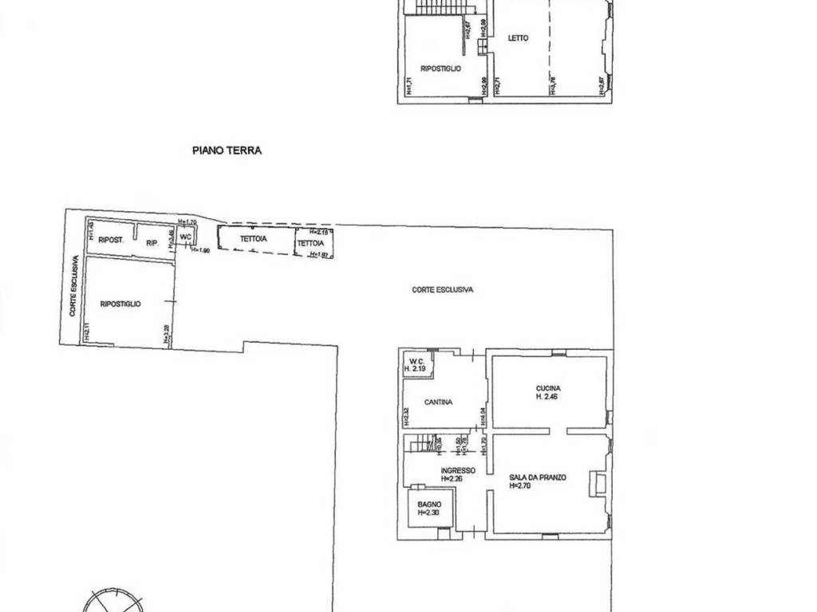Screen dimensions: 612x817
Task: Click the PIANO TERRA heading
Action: (227, 150)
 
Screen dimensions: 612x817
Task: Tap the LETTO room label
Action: (518, 38)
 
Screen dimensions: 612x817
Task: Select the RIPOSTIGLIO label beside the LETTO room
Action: (440, 69)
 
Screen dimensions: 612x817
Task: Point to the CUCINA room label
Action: (547, 389)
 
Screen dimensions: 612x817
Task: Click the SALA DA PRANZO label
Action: (538, 478)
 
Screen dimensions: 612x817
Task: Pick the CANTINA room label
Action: (438, 402)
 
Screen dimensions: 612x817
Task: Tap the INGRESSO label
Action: (458, 470)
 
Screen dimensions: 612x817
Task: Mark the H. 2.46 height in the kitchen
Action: (547, 396)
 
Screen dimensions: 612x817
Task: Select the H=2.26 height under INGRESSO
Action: (458, 479)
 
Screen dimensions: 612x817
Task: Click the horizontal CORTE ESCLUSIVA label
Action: (442, 290)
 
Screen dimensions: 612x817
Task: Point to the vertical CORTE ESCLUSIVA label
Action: (73, 287)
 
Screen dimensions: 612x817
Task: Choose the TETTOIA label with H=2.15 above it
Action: (311, 243)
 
